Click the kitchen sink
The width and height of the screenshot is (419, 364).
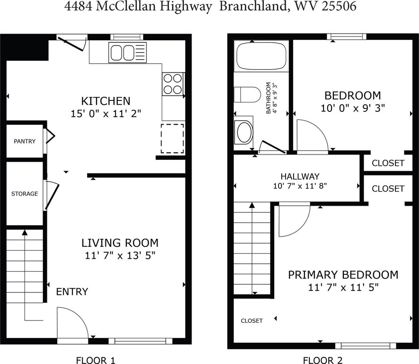pos(128,53)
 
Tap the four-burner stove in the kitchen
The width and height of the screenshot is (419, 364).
pos(173,83)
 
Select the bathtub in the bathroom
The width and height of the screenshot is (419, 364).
pos(261,56)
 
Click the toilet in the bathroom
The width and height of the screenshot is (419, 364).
pos(247,94)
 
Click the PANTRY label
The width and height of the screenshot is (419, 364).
pos(25,141)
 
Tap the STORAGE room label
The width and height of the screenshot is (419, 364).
pos(25,194)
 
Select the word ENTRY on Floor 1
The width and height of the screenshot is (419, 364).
pos(72,291)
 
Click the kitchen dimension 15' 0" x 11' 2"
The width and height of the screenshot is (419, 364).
pos(106,114)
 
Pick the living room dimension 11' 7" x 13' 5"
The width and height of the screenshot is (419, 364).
pos(120,255)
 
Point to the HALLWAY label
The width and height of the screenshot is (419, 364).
pos(300,176)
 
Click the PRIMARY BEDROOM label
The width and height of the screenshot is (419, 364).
pos(343,275)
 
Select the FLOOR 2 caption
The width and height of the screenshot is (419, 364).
pos(323,360)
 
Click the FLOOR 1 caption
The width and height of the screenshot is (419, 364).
pos(96,360)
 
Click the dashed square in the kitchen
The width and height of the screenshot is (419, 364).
pos(172,138)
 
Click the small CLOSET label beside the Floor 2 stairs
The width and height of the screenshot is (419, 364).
pos(252,320)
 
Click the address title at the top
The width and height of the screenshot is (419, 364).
pos(210,6)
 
